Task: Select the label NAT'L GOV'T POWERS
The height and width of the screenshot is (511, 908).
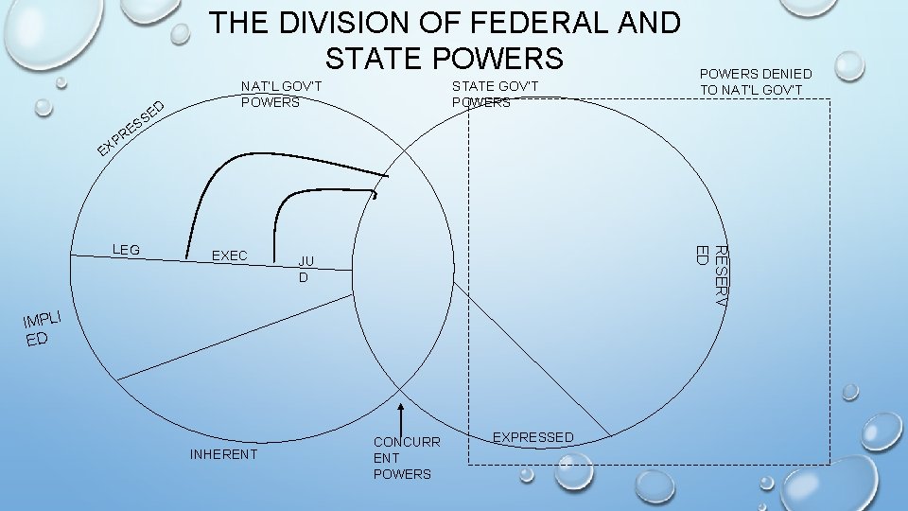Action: click(282, 95)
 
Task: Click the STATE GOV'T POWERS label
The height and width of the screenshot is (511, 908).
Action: click(495, 95)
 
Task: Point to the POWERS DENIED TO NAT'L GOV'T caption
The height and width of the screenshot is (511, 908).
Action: click(755, 81)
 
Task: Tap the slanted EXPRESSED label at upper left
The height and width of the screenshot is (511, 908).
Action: click(133, 128)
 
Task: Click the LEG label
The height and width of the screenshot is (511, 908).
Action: click(126, 250)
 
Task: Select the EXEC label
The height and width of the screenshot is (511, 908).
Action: click(230, 255)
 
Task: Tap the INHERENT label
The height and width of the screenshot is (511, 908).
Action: click(223, 454)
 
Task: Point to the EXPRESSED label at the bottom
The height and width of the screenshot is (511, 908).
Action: click(533, 437)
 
